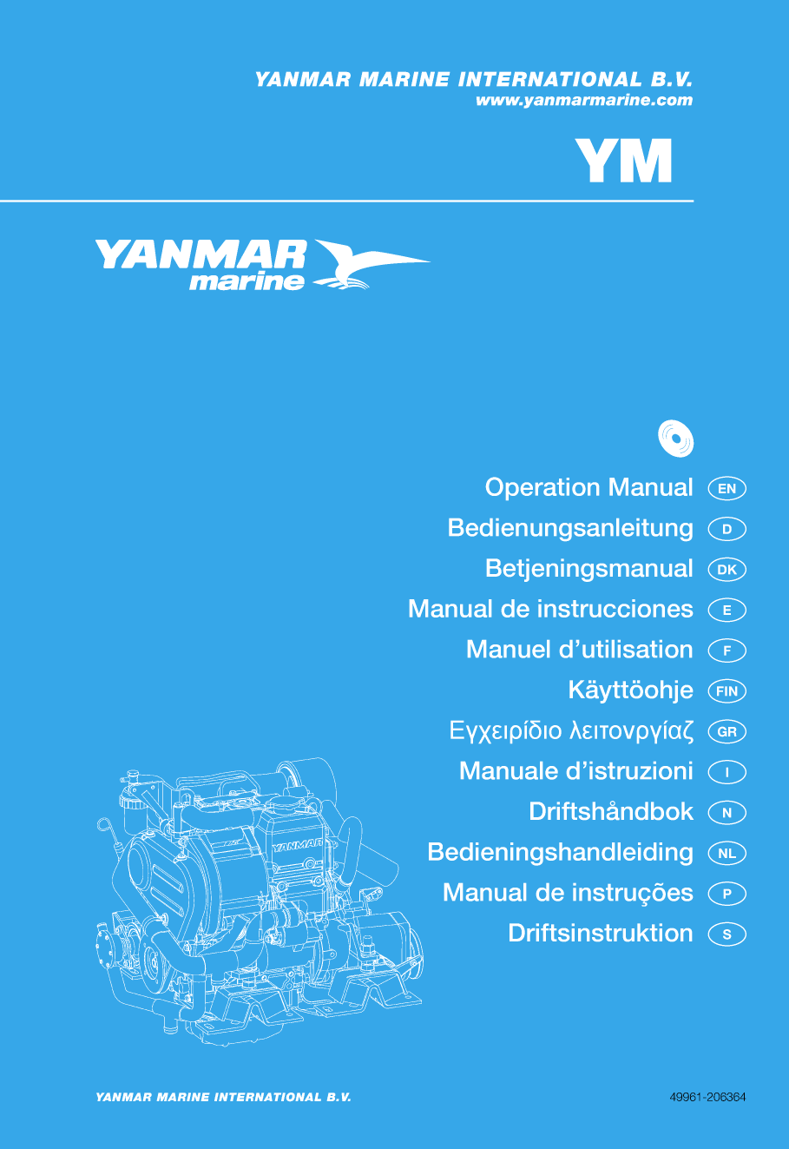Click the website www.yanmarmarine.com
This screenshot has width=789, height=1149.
tap(583, 101)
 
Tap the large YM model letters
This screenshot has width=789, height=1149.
tap(624, 161)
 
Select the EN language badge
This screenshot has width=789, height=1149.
tap(727, 489)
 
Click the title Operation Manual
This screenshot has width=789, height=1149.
tap(588, 488)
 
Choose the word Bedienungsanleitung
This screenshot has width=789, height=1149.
tap(570, 528)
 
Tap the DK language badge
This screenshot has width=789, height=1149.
tap(727, 570)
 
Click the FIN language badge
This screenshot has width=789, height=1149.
tap(727, 691)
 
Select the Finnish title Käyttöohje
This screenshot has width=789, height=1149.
tap(630, 690)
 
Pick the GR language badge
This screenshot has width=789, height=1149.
tap(727, 732)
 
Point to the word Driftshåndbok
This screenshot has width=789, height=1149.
tap(611, 812)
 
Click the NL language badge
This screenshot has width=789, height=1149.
tap(727, 854)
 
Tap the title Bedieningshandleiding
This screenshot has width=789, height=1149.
tap(560, 853)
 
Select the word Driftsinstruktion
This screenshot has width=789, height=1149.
tap(601, 934)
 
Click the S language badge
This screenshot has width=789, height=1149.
tap(727, 935)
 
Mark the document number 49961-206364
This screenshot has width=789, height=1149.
tap(707, 1097)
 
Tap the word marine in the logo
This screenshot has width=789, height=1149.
tap(247, 281)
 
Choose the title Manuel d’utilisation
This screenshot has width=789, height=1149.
tap(579, 650)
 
